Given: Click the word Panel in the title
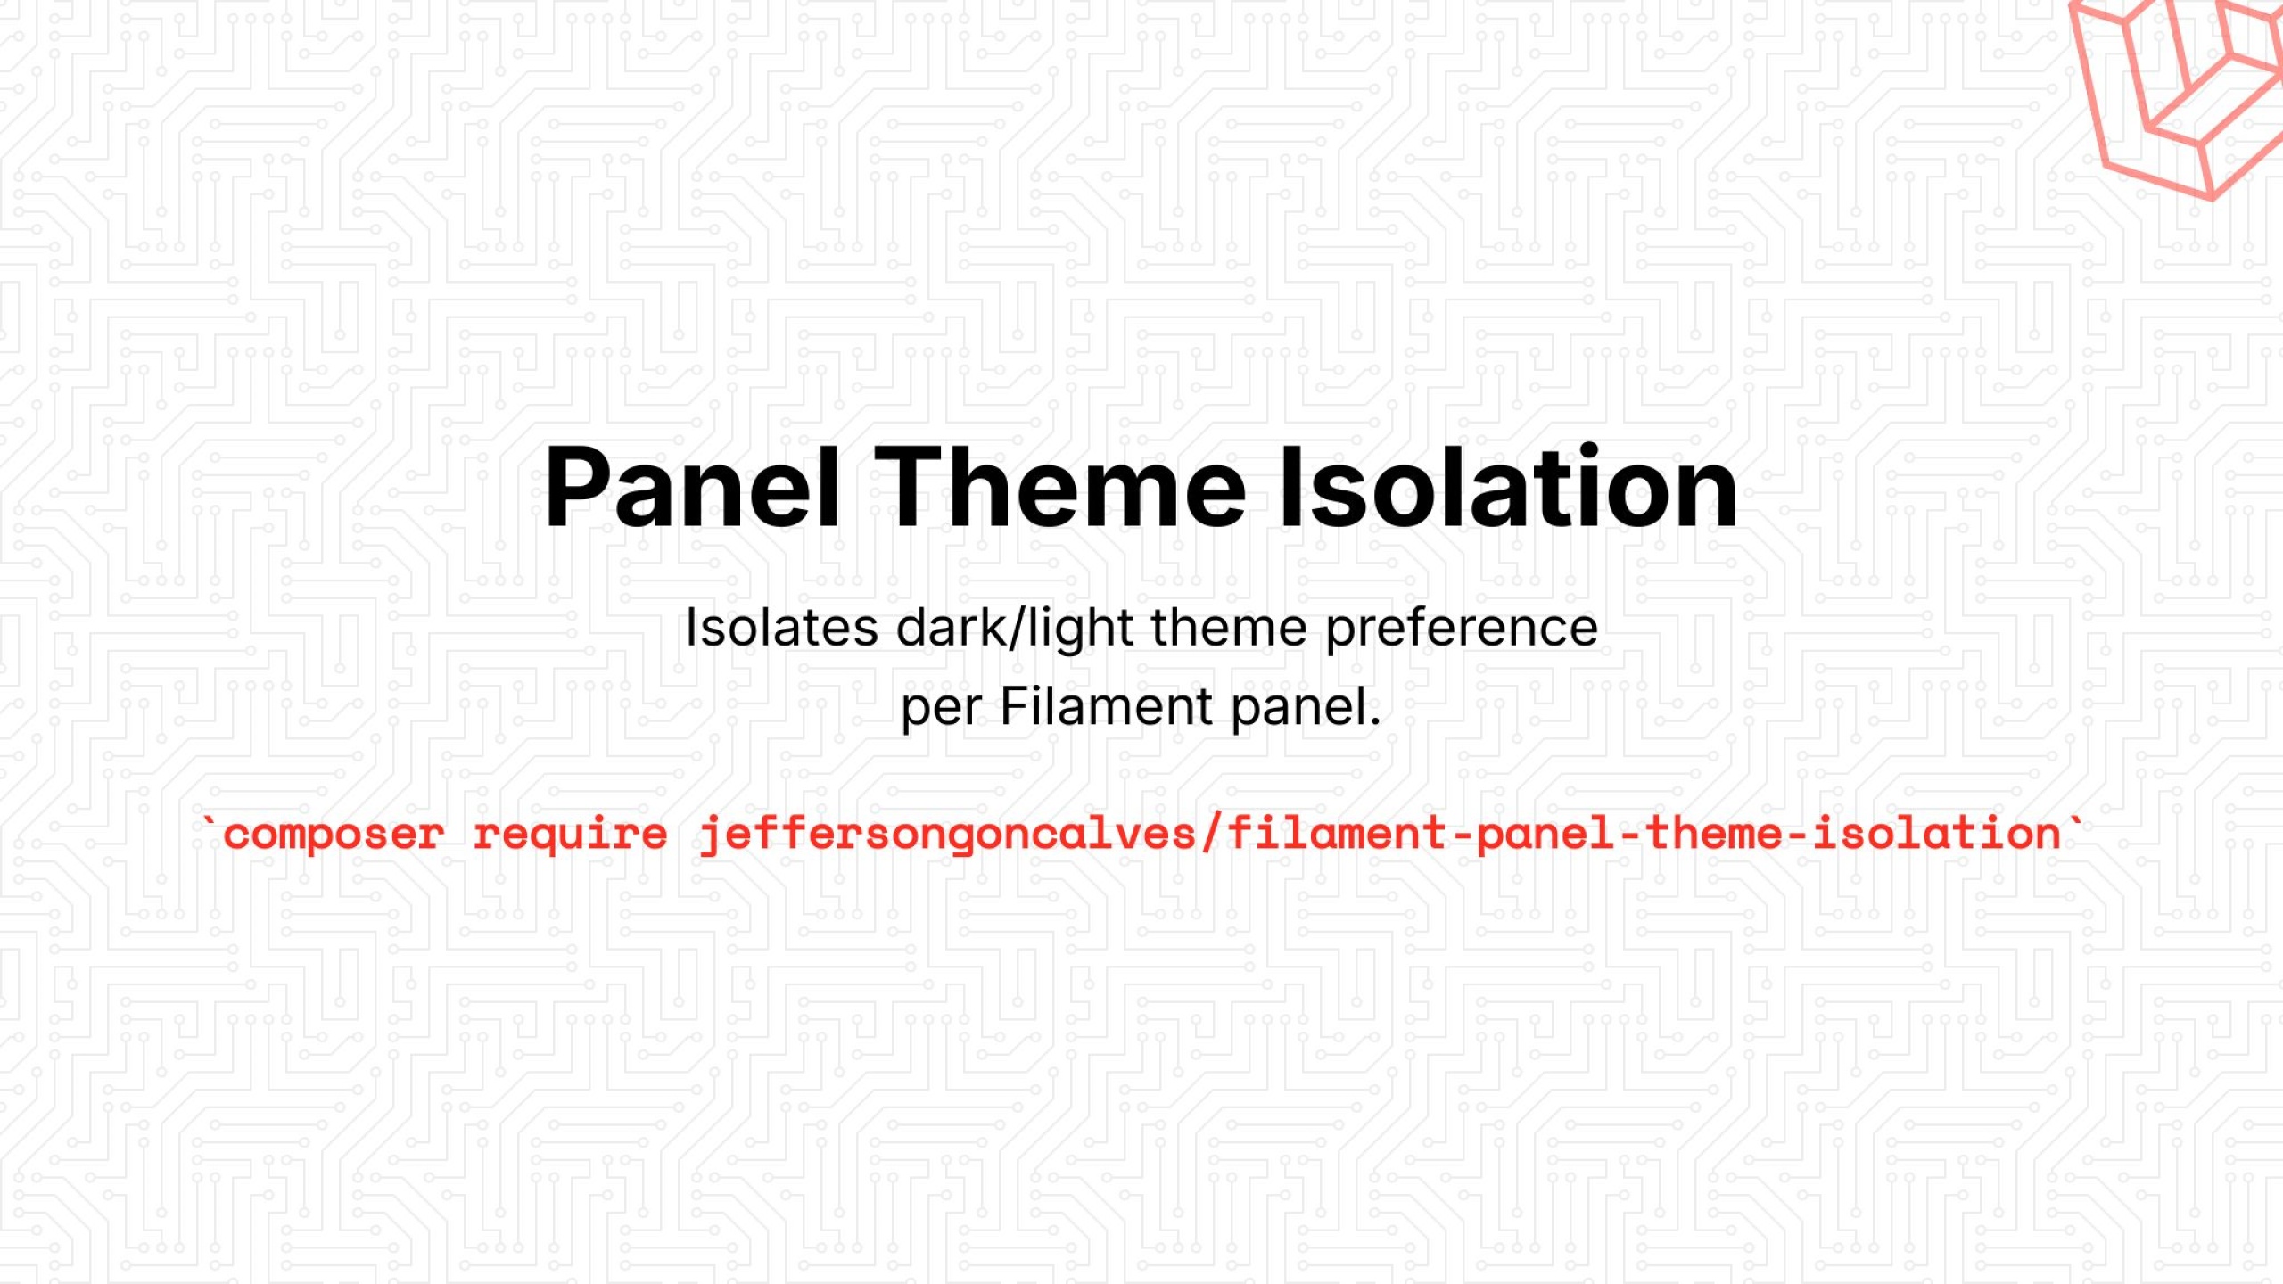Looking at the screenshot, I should (x=692, y=489).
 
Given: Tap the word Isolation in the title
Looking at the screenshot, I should (x=1507, y=489).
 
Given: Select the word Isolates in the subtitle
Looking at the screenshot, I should (x=781, y=628).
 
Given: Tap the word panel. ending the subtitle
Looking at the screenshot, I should (x=1306, y=707).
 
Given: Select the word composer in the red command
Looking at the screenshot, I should (x=333, y=835).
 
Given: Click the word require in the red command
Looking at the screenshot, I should (x=570, y=835).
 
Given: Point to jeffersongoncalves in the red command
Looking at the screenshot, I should (x=947, y=835).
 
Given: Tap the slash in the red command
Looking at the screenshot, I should (x=1210, y=835).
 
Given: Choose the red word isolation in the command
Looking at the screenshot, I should (x=1936, y=835).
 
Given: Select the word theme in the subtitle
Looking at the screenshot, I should (x=1228, y=628).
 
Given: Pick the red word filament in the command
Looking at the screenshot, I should (x=1337, y=835).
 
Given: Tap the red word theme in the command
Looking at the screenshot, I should (x=1712, y=835).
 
